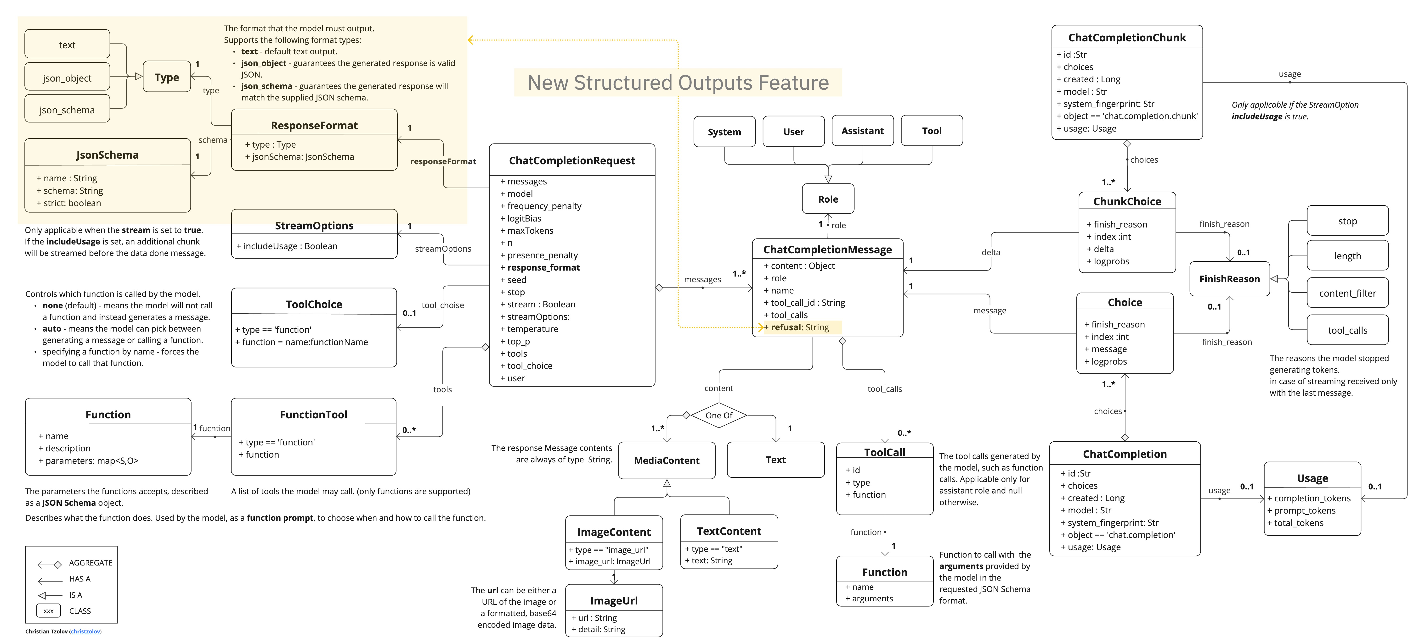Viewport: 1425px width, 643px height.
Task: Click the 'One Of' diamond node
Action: coord(718,415)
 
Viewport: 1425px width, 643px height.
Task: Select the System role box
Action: coord(724,132)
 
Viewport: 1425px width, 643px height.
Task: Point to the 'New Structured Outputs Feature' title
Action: coord(678,83)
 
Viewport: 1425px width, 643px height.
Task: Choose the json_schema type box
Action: coord(67,110)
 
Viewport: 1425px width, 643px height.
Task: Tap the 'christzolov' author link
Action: coord(86,631)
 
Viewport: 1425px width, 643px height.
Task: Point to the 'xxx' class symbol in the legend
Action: coord(49,611)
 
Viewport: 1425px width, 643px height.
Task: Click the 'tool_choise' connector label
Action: coord(442,305)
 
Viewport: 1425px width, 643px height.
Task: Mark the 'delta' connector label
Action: coord(991,252)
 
